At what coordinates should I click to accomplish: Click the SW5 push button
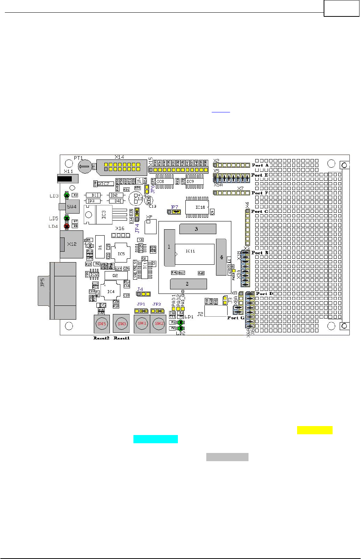pyautogui.click(x=102, y=324)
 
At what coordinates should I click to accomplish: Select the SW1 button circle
pyautogui.click(x=142, y=324)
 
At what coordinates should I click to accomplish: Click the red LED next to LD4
pyautogui.click(x=67, y=226)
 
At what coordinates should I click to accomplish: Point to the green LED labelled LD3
pyautogui.click(x=67, y=195)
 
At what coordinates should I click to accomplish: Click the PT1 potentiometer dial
pyautogui.click(x=85, y=167)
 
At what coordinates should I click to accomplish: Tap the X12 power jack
pyautogui.click(x=71, y=244)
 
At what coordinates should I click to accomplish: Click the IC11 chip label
pyautogui.click(x=190, y=251)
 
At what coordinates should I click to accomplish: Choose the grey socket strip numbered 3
pyautogui.click(x=198, y=229)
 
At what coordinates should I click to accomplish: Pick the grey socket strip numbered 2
pyautogui.click(x=188, y=284)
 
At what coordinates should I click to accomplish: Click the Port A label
pyautogui.click(x=260, y=165)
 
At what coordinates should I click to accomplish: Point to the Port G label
pyautogui.click(x=236, y=318)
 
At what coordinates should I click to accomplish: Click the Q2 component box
pyautogui.click(x=116, y=276)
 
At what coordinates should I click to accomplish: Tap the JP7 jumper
pyautogui.click(x=174, y=212)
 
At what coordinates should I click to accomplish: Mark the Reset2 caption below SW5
pyautogui.click(x=101, y=338)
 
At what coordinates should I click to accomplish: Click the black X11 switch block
pyautogui.click(x=65, y=179)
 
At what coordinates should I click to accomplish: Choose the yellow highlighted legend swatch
pyautogui.click(x=315, y=430)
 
